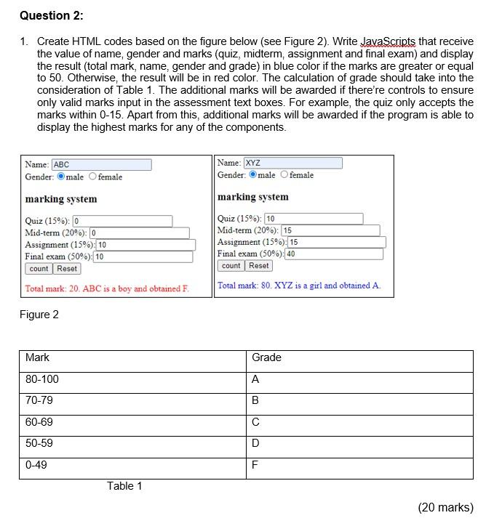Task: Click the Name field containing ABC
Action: tap(101, 165)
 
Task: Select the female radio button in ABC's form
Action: tap(93, 177)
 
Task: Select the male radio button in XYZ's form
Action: tap(253, 174)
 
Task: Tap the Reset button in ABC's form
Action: tap(67, 269)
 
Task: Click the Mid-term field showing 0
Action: tap(139, 233)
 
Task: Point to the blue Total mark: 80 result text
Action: tap(298, 286)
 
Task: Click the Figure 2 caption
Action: tap(39, 315)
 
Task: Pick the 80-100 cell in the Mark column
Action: tap(42, 379)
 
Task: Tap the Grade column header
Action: tap(266, 357)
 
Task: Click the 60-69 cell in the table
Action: tap(39, 421)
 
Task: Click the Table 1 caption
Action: tap(124, 486)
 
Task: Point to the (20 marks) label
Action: tap(445, 507)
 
